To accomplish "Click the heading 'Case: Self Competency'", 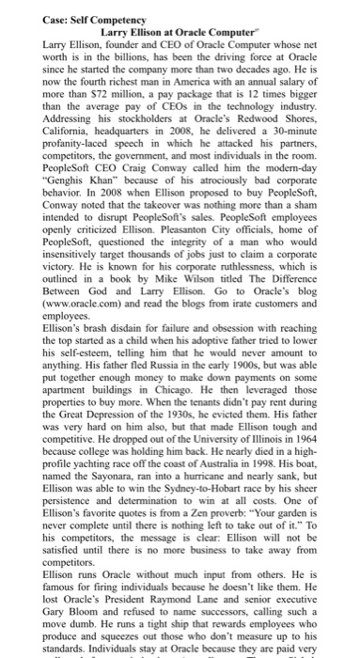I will (63, 8).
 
